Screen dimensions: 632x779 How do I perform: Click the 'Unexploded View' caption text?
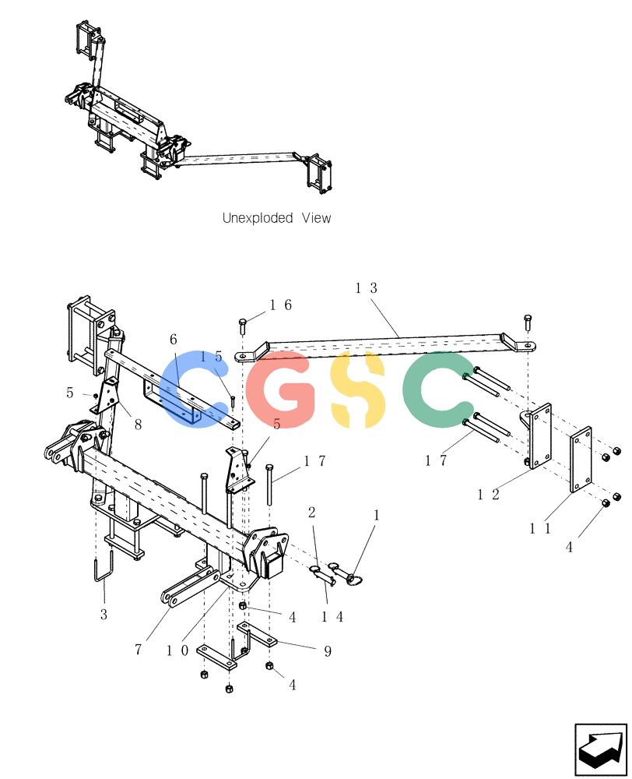pos(276,217)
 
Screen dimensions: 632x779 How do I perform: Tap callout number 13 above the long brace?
pos(367,288)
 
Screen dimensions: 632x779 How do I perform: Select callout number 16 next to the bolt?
pos(281,305)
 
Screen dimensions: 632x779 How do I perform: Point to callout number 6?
pos(174,340)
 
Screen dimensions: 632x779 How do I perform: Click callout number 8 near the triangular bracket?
pos(138,425)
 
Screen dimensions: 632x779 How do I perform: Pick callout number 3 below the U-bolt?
pos(104,615)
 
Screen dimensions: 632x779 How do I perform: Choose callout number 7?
pos(138,650)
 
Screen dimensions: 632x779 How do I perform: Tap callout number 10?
pos(177,650)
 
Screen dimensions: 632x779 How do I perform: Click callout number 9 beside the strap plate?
pos(328,651)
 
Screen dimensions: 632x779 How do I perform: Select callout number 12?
pos(488,495)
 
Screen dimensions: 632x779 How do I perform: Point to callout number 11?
pos(540,528)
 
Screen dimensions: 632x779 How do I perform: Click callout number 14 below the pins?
pos(332,616)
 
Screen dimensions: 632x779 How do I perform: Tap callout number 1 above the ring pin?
pos(377,515)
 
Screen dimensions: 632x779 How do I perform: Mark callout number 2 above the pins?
pos(312,513)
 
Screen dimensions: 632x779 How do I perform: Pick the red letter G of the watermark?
pos(281,389)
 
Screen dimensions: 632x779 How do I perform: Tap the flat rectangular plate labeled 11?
pos(580,459)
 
